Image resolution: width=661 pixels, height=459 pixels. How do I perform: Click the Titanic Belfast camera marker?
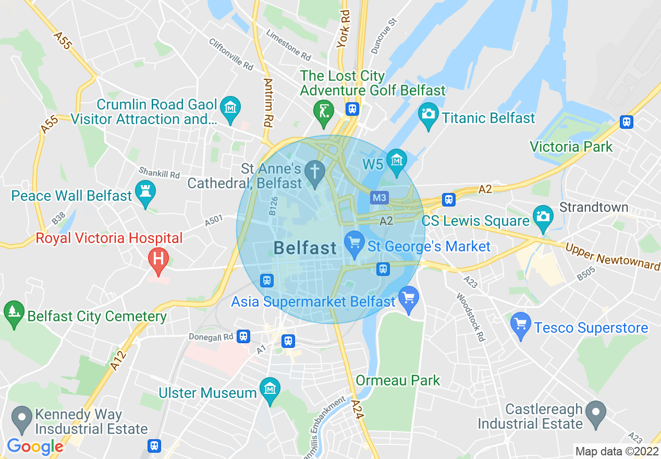[x=429, y=114]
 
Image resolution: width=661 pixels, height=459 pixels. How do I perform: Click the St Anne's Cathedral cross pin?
[x=315, y=172]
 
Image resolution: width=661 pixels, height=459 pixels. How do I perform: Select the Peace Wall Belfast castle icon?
[x=145, y=192]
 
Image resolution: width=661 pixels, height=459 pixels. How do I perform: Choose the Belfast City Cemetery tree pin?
[x=14, y=312]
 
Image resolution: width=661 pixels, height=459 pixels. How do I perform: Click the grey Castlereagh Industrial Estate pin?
[x=595, y=412]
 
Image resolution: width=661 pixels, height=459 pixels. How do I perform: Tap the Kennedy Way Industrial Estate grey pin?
[x=22, y=418]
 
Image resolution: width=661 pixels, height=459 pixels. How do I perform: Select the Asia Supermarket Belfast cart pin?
[x=409, y=298]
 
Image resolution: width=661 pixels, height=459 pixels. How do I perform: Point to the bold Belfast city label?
[x=305, y=248]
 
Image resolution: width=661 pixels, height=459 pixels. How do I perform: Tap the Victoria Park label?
[x=571, y=147]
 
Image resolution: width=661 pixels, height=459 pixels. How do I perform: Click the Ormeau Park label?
[x=398, y=380]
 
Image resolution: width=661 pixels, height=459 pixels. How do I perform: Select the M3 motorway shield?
[x=379, y=198]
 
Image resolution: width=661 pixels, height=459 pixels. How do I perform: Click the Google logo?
[x=35, y=446]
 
